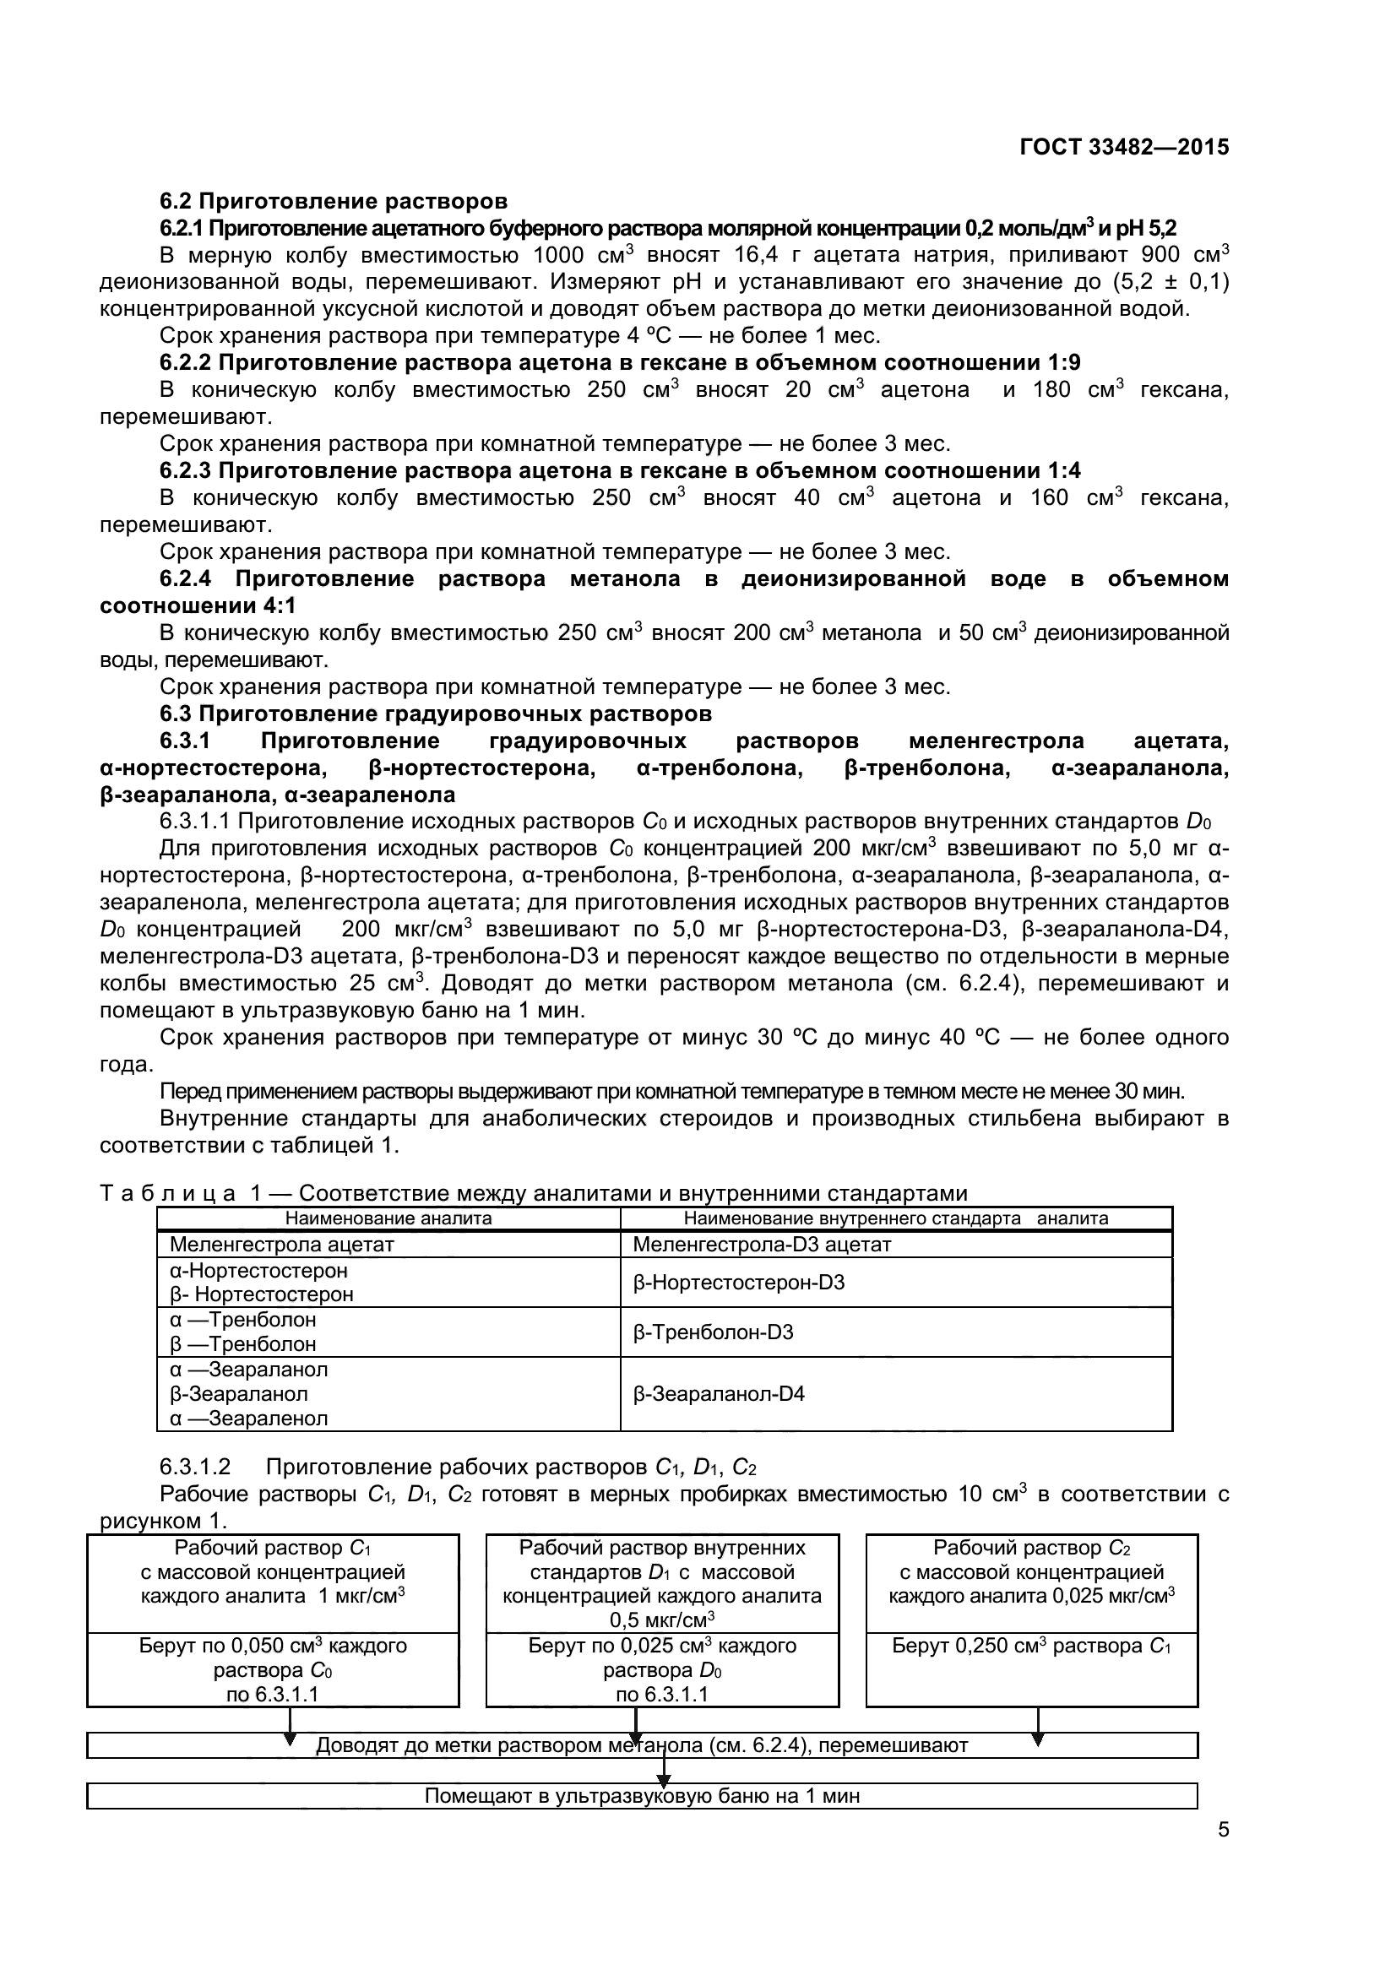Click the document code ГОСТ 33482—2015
tap(1123, 147)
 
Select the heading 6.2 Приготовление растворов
tap(334, 201)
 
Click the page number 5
tap(1223, 1853)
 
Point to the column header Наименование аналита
tap(388, 1218)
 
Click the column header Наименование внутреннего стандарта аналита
tap(895, 1218)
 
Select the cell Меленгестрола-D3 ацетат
tap(761, 1244)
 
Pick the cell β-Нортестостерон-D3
tap(738, 1283)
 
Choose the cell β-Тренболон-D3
tap(712, 1332)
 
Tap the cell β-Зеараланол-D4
tap(718, 1393)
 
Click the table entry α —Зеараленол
tap(248, 1419)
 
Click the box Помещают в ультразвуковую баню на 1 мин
tap(642, 1796)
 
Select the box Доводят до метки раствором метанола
tap(642, 1745)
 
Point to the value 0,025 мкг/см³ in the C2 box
tap(1113, 1596)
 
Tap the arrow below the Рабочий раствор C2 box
tap(1038, 1728)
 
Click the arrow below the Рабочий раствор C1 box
tap(290, 1728)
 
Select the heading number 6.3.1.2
tap(195, 1467)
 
